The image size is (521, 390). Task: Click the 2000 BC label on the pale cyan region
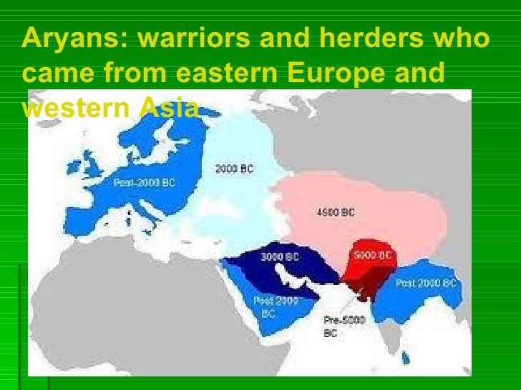tap(234, 169)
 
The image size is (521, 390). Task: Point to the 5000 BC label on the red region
tap(371, 255)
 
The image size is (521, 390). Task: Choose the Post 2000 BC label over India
tap(426, 284)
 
